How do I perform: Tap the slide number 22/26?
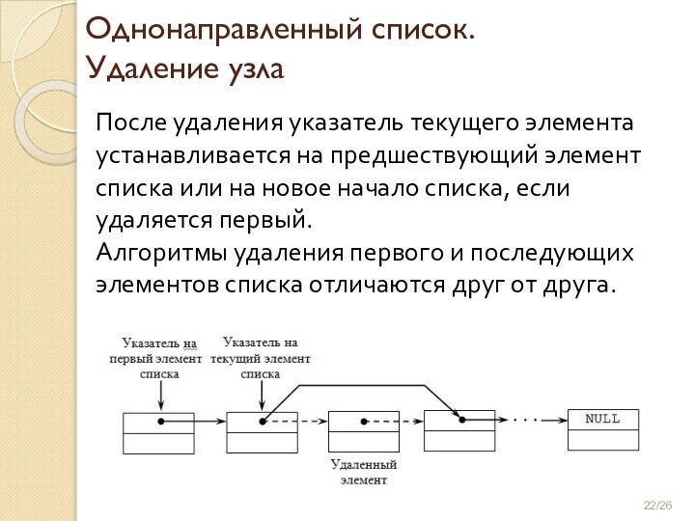[657, 507]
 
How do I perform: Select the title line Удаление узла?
[184, 69]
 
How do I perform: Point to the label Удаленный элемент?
[363, 472]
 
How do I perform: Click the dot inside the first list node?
[161, 422]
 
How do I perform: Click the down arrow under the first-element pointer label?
[160, 394]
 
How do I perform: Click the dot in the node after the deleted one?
[461, 420]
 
